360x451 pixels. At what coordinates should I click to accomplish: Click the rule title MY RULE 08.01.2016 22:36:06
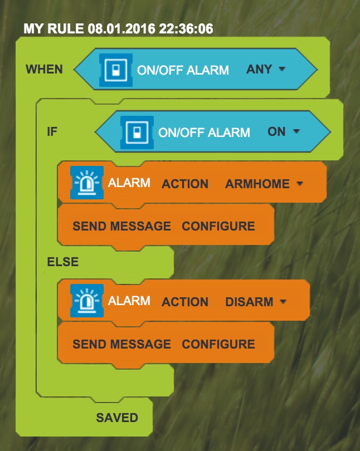[x=118, y=29]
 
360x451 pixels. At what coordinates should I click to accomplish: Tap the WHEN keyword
[x=45, y=69]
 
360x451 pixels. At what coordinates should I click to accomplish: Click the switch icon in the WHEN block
[x=116, y=70]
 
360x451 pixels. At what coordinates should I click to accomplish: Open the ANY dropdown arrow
[x=282, y=68]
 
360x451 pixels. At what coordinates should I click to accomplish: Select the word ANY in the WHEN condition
[x=259, y=69]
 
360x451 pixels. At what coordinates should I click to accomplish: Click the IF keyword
[x=52, y=132]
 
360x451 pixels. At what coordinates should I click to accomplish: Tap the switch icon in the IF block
[x=137, y=133]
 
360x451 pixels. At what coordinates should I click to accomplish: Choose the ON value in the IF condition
[x=276, y=132]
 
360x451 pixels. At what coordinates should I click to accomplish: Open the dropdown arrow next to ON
[x=296, y=131]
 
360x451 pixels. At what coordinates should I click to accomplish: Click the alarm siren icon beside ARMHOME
[x=87, y=183]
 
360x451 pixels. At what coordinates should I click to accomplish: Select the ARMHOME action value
[x=257, y=184]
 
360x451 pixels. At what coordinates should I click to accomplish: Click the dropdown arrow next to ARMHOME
[x=300, y=183]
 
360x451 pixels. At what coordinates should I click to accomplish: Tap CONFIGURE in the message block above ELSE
[x=218, y=226]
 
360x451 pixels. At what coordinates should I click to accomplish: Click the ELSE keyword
[x=63, y=262]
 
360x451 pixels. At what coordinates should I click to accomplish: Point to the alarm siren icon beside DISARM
[x=87, y=301]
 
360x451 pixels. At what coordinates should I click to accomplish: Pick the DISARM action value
[x=249, y=302]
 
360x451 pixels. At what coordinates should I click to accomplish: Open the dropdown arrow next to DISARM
[x=283, y=301]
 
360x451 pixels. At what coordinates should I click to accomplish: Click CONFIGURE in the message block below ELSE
[x=218, y=344]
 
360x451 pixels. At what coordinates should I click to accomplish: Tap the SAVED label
[x=117, y=418]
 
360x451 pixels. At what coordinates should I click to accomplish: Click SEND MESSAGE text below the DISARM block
[x=121, y=344]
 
